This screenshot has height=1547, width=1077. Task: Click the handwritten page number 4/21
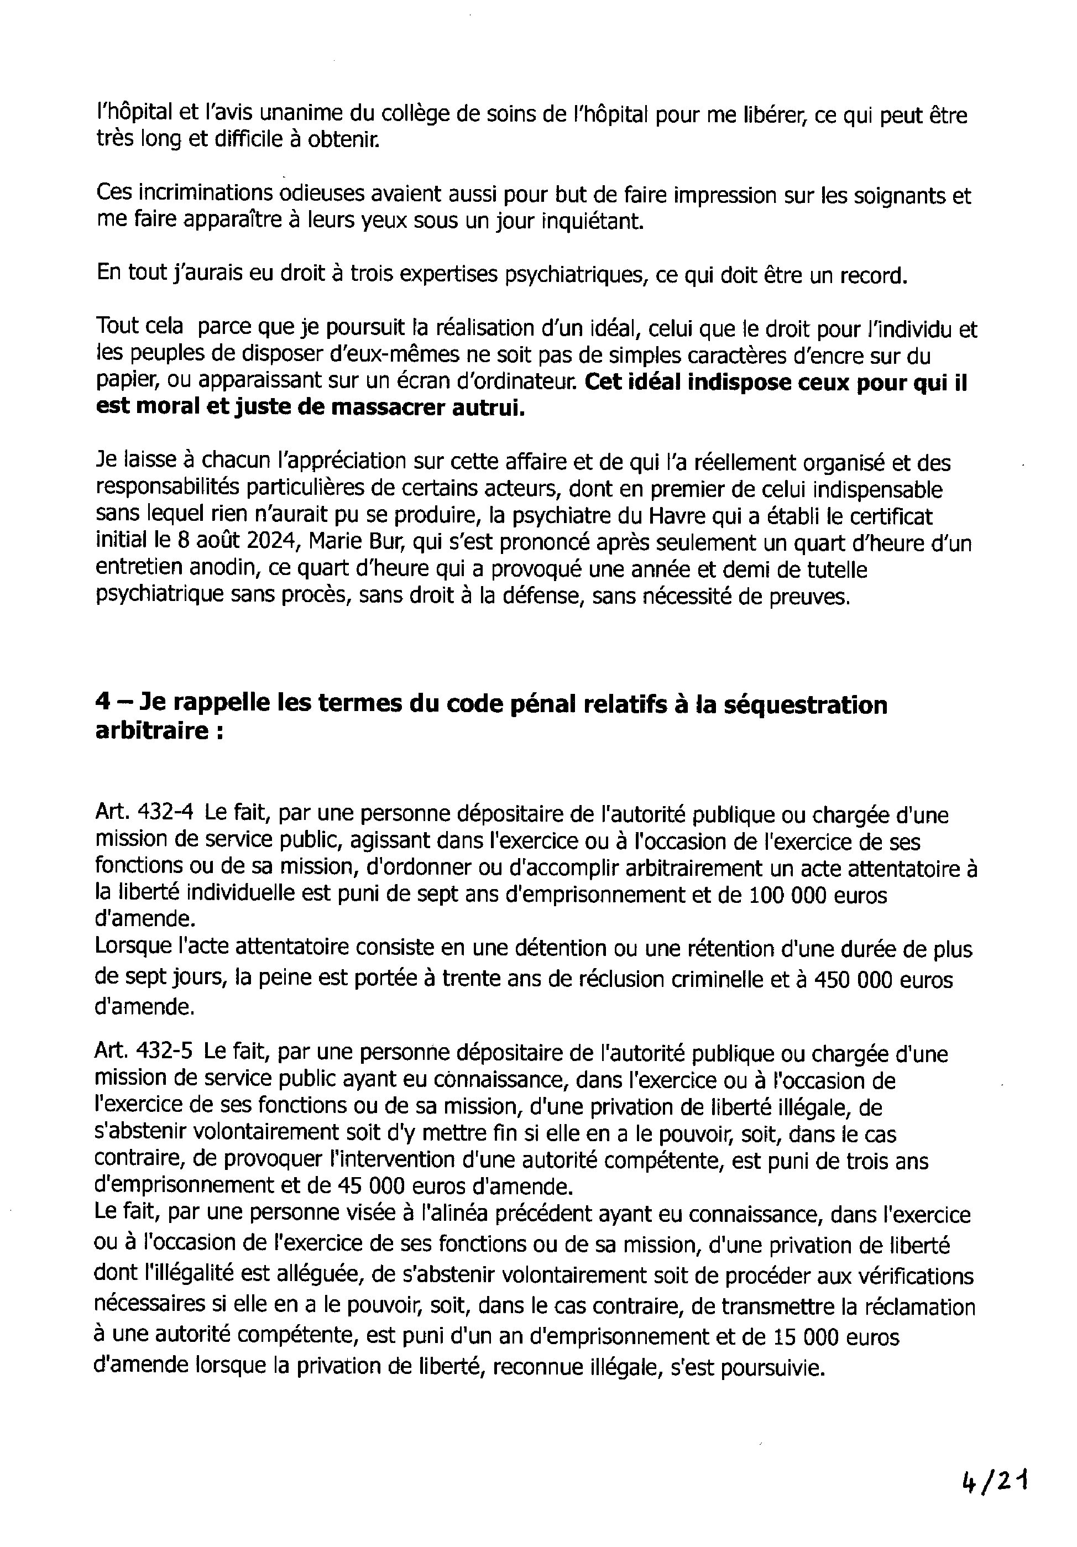tap(994, 1482)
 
